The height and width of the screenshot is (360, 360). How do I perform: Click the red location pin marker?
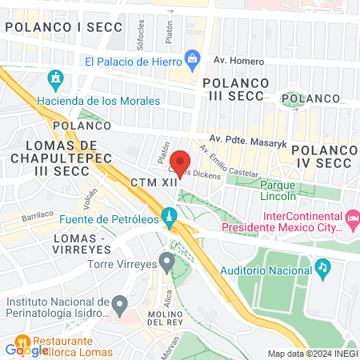click(x=181, y=163)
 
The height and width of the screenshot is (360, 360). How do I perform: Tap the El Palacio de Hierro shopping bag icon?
click(x=192, y=59)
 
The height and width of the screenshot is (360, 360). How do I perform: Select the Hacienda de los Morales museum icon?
click(x=55, y=80)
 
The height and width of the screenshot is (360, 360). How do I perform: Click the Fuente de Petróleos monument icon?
click(x=169, y=217)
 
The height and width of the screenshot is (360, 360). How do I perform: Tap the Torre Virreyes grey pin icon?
click(x=166, y=261)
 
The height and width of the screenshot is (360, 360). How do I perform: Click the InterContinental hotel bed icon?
click(x=352, y=218)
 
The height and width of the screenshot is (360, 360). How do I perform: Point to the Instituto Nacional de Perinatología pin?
click(x=119, y=305)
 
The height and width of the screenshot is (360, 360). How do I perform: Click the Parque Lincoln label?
click(x=267, y=190)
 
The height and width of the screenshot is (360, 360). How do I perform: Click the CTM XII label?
click(x=153, y=182)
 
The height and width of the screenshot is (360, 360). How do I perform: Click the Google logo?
click(x=26, y=350)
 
